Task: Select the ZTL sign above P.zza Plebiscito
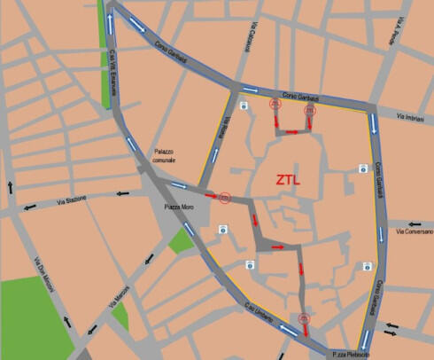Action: tap(304, 319)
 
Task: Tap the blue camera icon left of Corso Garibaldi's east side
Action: tap(362, 168)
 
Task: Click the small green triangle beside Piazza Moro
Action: tap(182, 239)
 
